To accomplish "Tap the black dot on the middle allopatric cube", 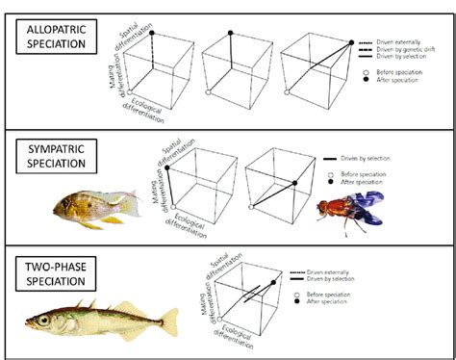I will click(230, 34).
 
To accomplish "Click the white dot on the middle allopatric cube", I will click(210, 92).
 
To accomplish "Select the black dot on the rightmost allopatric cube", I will click(342, 34).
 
